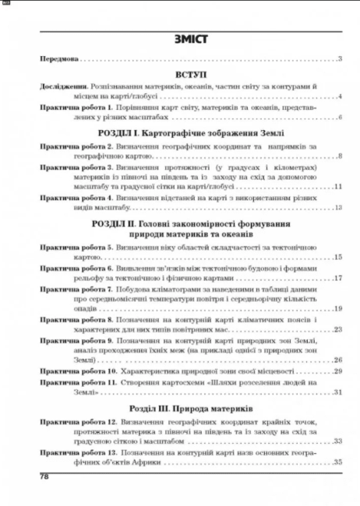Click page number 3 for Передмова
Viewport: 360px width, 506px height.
[341, 59]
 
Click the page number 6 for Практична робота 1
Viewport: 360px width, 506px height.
[341, 117]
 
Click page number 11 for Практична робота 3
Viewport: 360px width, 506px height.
[338, 188]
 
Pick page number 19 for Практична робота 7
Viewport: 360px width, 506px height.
[338, 309]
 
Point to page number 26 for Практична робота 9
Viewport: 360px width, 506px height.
[338, 360]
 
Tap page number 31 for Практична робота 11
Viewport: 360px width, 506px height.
[338, 392]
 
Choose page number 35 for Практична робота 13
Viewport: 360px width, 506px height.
[338, 463]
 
